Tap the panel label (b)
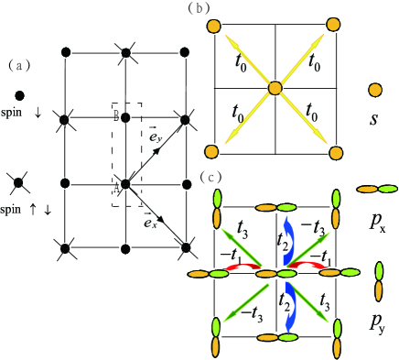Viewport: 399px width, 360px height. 199,8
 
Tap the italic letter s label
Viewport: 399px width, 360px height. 374,120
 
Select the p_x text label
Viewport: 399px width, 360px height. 376,221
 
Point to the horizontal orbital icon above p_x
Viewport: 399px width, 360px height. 376,190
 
